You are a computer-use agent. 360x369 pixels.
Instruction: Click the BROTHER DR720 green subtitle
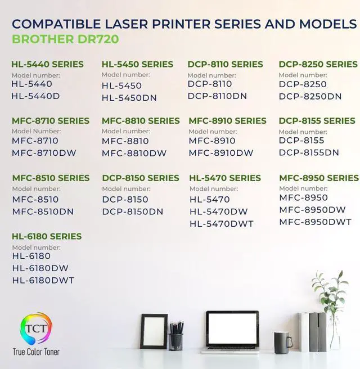click(x=65, y=39)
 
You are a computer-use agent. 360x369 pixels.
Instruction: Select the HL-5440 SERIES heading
click(x=47, y=64)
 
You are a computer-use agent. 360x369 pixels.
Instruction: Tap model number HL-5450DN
click(x=129, y=98)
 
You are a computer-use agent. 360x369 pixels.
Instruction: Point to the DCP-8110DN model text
click(x=217, y=96)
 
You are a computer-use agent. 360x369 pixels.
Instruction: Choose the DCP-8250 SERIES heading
click(x=318, y=64)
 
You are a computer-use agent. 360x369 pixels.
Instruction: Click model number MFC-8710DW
click(x=44, y=152)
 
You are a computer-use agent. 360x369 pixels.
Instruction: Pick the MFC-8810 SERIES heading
click(x=141, y=121)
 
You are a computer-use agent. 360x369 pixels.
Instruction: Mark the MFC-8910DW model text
click(x=221, y=152)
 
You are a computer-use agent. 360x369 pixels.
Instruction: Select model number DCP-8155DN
click(x=309, y=152)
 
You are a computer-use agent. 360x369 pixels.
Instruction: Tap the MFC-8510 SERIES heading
click(x=51, y=178)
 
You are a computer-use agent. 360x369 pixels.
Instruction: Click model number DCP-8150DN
click(x=133, y=211)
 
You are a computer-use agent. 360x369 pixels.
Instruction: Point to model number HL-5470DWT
click(x=222, y=224)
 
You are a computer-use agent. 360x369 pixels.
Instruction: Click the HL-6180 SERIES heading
click(x=47, y=236)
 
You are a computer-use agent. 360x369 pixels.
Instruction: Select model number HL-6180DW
click(x=40, y=268)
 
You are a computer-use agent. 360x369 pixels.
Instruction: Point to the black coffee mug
click(x=281, y=342)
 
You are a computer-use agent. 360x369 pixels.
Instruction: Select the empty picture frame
click(x=154, y=331)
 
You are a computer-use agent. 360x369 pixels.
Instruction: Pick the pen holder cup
click(x=176, y=340)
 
